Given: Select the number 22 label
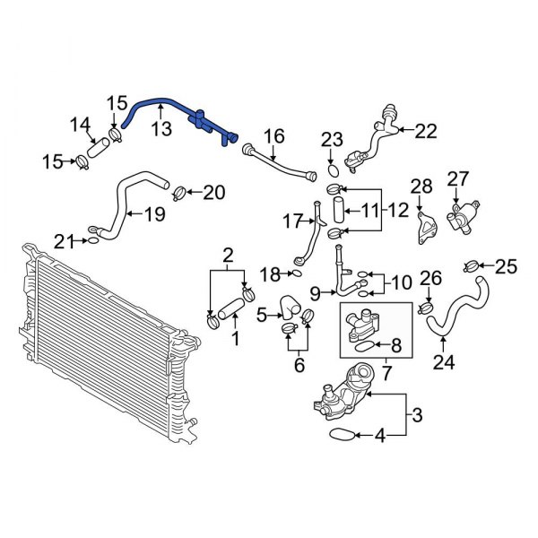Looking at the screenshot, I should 425,131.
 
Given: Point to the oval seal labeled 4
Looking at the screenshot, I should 338,436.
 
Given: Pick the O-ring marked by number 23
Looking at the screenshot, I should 332,168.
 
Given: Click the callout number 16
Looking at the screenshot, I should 273,136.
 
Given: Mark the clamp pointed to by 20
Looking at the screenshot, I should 178,191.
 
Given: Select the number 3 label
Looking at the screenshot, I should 416,414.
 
